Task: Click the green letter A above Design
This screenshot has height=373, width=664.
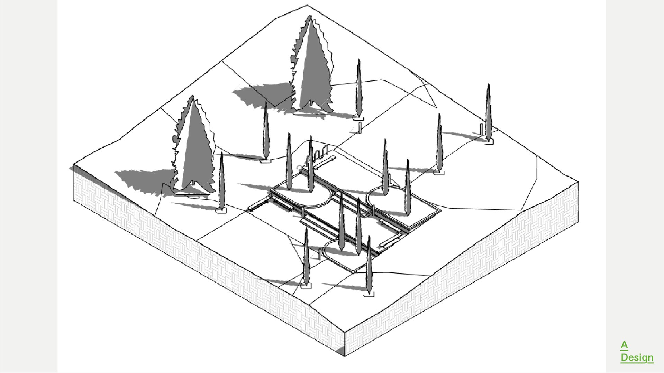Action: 624,345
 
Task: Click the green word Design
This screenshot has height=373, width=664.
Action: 637,357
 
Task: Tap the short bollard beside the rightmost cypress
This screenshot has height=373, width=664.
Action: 481,129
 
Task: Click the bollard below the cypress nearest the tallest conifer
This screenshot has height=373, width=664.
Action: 360,127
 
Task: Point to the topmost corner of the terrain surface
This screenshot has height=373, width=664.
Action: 307,5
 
